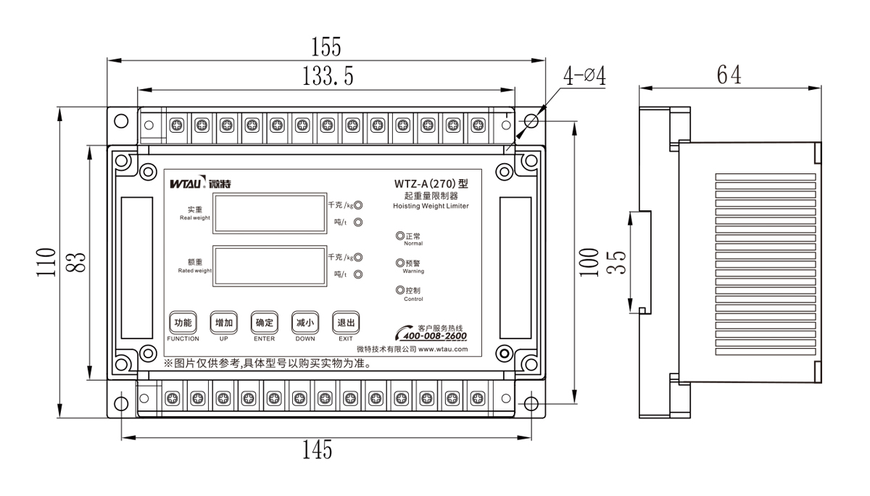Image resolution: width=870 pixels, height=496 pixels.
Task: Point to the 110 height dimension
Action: [x=46, y=262]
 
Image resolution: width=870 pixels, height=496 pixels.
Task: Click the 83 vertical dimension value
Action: [x=78, y=263]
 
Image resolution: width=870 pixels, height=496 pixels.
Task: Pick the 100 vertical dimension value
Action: [x=591, y=263]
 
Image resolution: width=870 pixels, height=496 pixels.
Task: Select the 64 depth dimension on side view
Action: [x=729, y=75]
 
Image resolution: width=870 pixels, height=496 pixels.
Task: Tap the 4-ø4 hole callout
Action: [x=584, y=76]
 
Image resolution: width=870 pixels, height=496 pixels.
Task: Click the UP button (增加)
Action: [x=223, y=323]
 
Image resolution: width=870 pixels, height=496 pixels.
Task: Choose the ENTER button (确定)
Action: [x=264, y=323]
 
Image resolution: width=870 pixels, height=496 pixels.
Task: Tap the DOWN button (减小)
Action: [x=304, y=323]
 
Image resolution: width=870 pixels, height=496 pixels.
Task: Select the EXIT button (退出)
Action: [x=346, y=323]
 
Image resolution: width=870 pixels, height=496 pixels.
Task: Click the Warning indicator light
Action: [x=400, y=263]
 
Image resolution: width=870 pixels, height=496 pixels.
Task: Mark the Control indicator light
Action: [x=400, y=291]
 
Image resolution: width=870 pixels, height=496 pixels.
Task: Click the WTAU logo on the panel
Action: [x=198, y=183]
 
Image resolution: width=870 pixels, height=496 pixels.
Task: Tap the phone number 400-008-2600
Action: [x=434, y=336]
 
